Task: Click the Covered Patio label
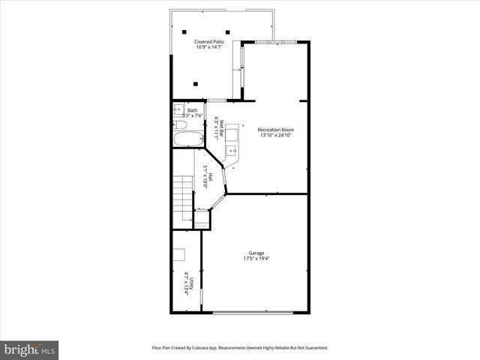coord(209,42)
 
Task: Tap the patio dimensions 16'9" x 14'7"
coord(209,48)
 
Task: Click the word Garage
coord(256,253)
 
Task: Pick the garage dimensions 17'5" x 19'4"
coord(256,259)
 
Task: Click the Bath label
coord(193,110)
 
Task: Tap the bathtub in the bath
coord(187,139)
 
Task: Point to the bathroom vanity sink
coord(177,109)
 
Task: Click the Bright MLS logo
coord(30,349)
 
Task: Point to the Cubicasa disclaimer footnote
coord(240,347)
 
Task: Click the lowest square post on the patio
coord(195,83)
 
